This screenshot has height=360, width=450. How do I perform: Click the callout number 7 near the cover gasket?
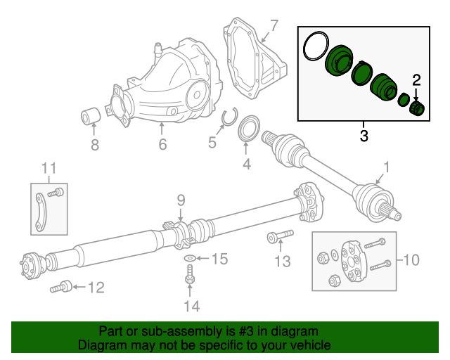(274, 27)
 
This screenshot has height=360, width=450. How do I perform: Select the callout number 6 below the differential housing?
(162, 146)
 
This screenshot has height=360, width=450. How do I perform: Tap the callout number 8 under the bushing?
(95, 146)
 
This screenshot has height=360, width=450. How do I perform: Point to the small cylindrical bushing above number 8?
(89, 115)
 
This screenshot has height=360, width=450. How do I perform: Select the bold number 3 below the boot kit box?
(364, 135)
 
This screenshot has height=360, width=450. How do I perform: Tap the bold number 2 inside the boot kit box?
(416, 79)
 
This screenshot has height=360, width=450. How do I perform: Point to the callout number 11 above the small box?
(48, 167)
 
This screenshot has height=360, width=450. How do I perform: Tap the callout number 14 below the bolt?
(191, 306)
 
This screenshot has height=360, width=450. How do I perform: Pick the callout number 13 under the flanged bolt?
(281, 262)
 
